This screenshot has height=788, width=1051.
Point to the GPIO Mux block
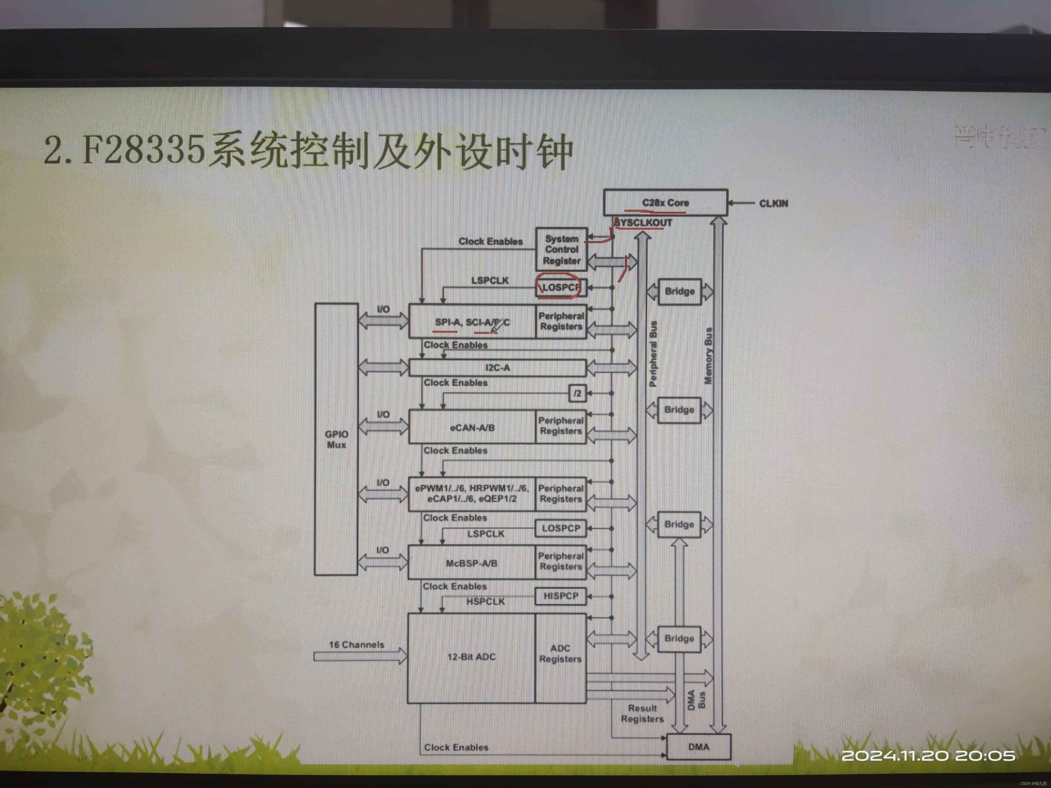(x=336, y=439)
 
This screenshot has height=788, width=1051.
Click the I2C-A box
(x=497, y=368)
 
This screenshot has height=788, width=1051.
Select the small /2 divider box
(x=577, y=393)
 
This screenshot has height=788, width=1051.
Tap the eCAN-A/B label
(x=472, y=427)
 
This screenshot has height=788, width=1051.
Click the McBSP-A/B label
(x=471, y=563)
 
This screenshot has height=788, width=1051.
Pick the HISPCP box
(x=561, y=596)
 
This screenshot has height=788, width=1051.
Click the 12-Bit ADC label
(x=471, y=657)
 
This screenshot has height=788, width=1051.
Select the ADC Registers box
(x=560, y=654)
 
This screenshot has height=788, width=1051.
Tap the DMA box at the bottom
(x=698, y=747)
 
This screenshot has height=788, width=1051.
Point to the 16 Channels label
(x=356, y=645)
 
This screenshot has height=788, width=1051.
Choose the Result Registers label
(x=642, y=713)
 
